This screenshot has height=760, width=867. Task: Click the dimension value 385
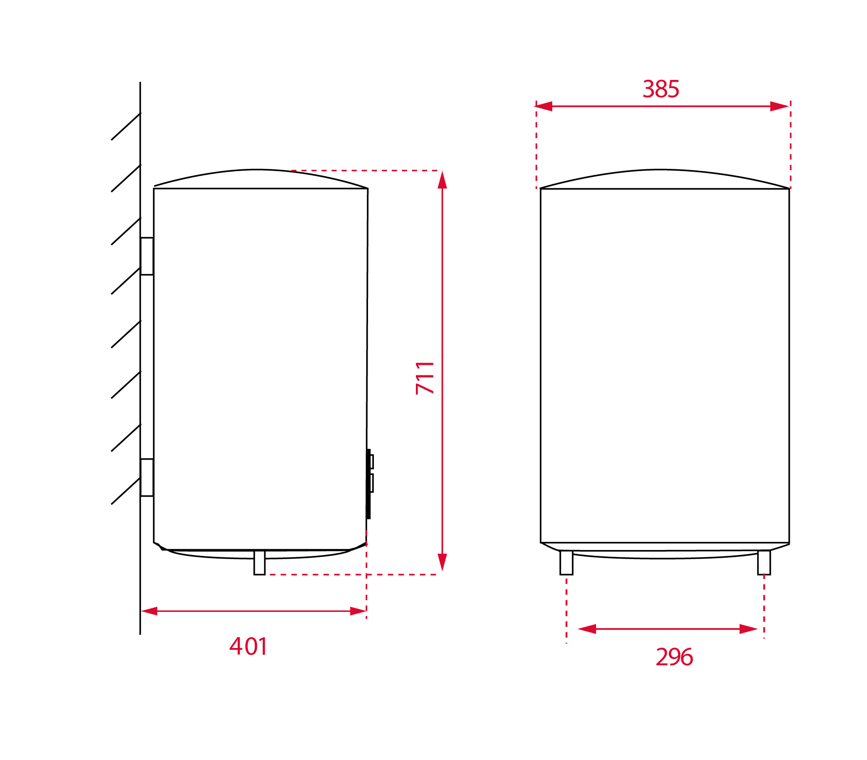point(661,89)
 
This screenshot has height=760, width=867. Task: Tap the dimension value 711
point(425,378)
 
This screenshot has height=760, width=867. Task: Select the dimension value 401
point(248,646)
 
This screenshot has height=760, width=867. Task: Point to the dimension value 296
point(674,657)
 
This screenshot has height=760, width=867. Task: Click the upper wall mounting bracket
point(147,256)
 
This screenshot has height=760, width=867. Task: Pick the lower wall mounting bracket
point(147,477)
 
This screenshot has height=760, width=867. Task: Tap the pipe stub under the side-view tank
point(260,563)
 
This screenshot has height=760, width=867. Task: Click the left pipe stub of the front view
point(566,563)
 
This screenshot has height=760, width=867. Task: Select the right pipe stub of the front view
point(764,563)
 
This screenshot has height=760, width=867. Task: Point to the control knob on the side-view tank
point(370,484)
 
